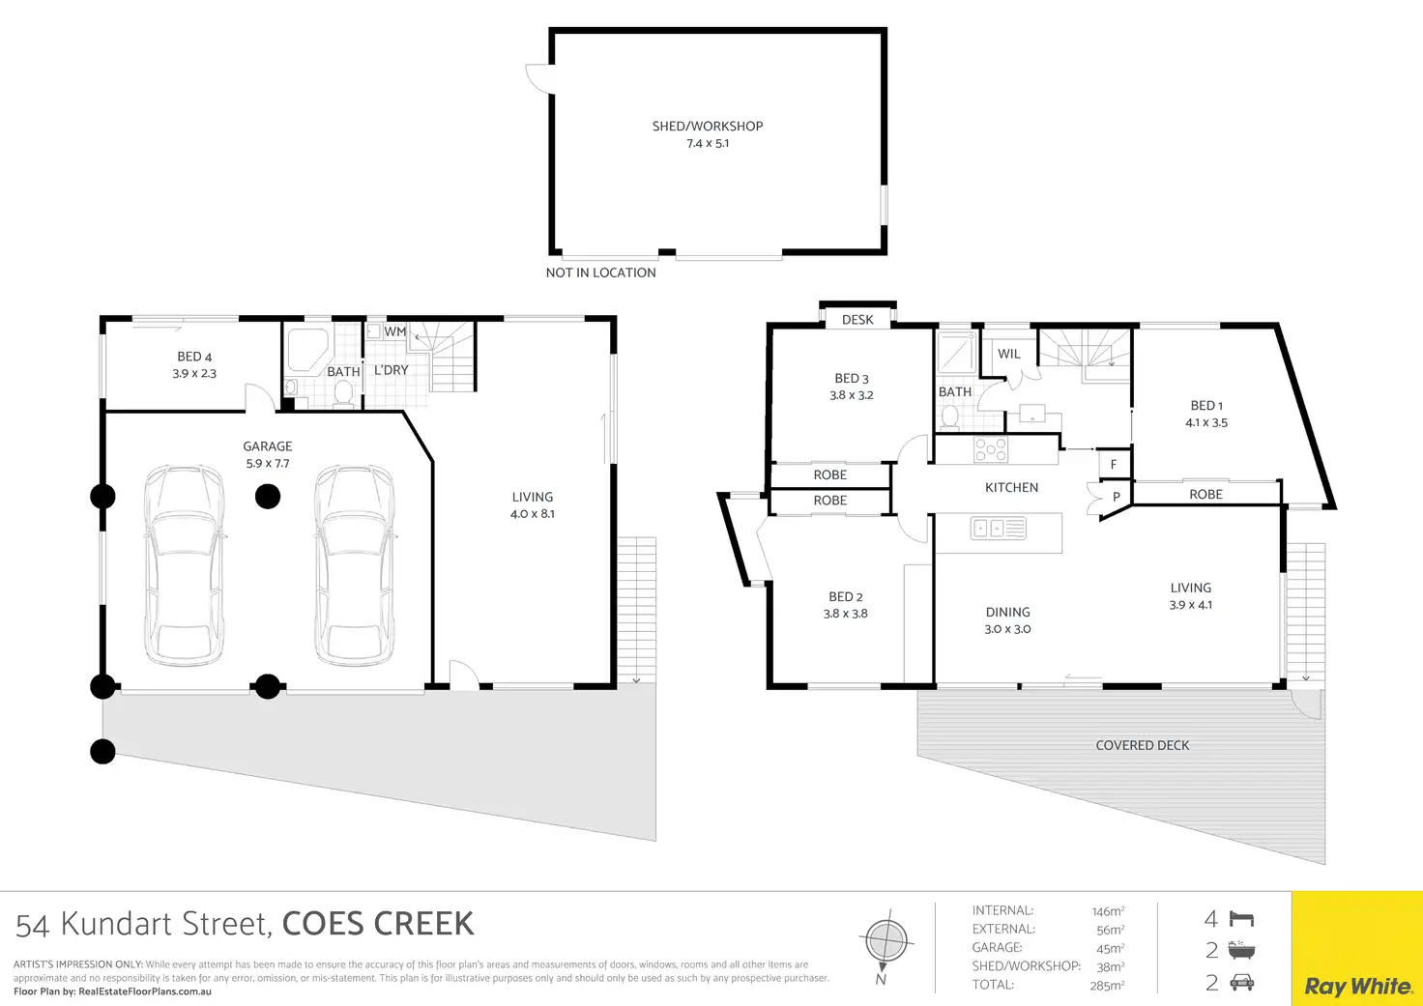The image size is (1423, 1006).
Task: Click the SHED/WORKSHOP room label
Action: click(708, 127)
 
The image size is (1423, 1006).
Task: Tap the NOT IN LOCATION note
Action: click(600, 273)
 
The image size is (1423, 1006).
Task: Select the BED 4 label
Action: click(194, 357)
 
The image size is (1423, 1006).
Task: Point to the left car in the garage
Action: click(184, 565)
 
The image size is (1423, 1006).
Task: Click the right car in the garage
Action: click(355, 565)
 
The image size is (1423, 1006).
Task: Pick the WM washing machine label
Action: click(394, 331)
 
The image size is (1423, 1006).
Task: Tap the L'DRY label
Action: click(391, 370)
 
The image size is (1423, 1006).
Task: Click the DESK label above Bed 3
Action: click(857, 320)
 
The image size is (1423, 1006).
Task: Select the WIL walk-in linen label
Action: click(1008, 354)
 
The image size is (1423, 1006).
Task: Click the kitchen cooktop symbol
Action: click(990, 449)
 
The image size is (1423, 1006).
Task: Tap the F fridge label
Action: click(1114, 465)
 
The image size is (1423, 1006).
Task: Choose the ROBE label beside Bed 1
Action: click(1205, 494)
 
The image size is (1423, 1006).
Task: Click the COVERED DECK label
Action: click(1142, 745)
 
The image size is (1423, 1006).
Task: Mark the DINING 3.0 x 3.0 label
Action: click(1007, 619)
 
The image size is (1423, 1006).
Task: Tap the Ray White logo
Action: click(1357, 986)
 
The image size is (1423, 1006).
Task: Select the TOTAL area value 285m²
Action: click(1107, 986)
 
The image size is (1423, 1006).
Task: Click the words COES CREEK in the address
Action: click(378, 924)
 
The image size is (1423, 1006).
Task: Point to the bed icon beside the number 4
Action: click(1241, 919)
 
